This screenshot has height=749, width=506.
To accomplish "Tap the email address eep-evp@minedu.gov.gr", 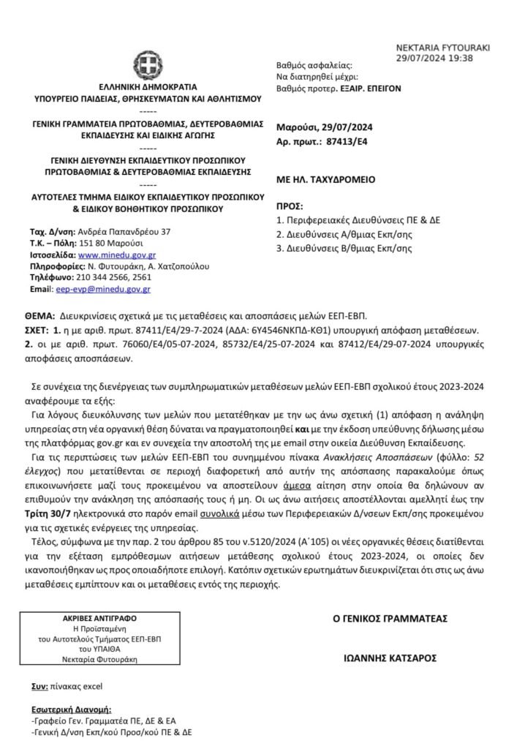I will point(103,289).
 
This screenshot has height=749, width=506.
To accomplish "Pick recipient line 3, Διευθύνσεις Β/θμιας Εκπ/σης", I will point(344,248).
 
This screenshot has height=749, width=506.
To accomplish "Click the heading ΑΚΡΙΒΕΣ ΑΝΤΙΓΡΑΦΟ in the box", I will point(105,617).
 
